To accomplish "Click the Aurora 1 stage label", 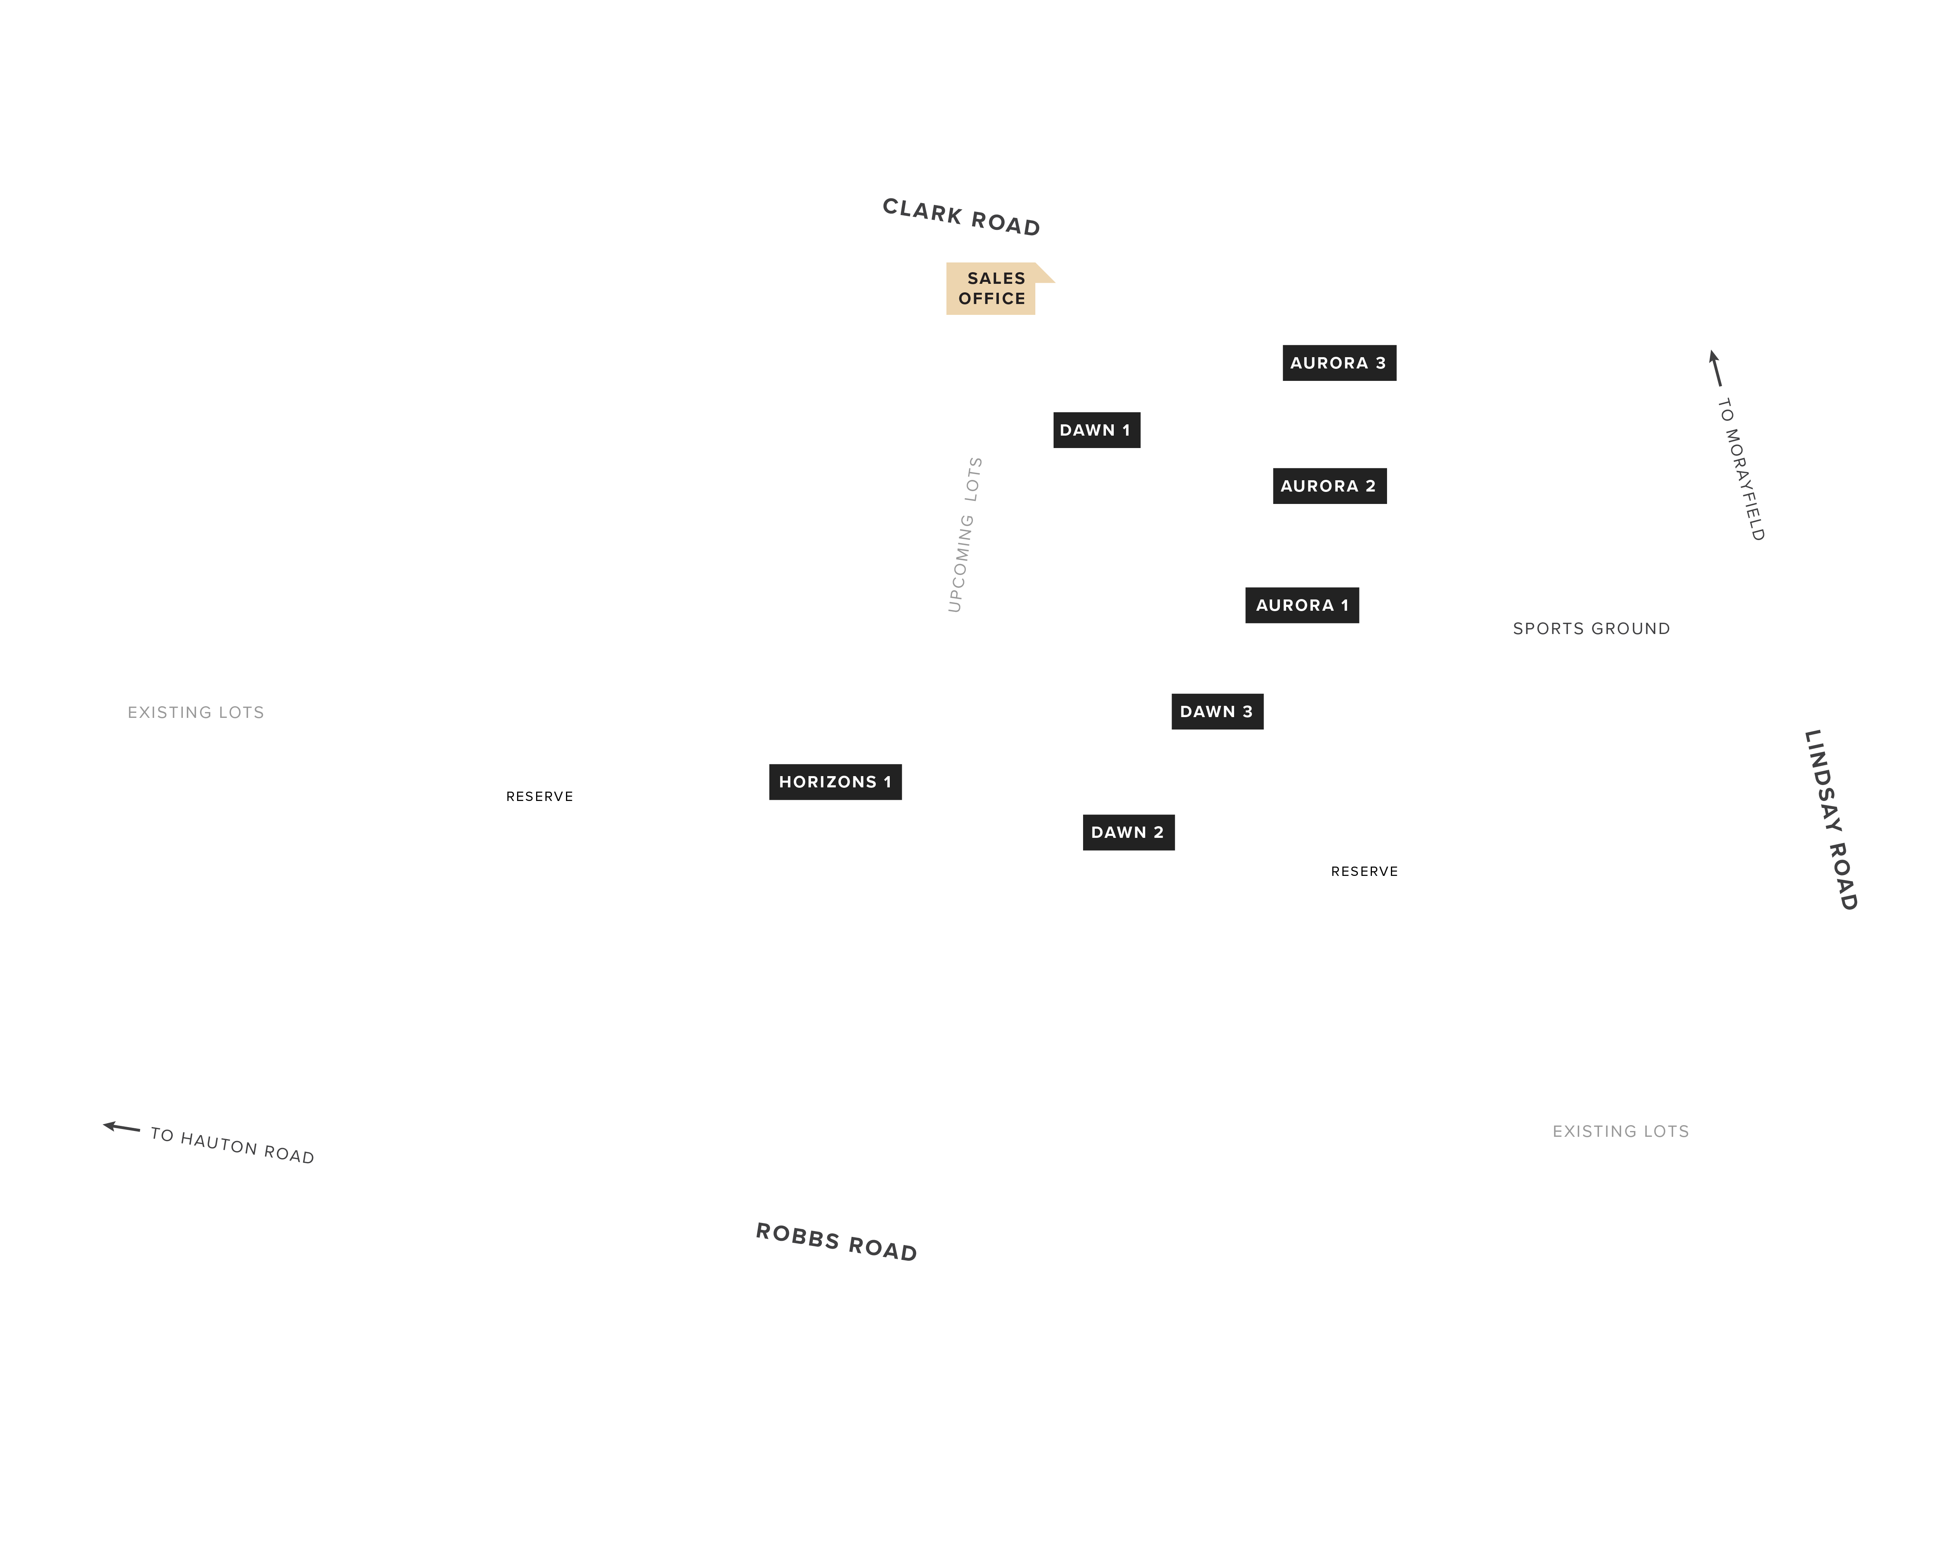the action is coord(1302,605).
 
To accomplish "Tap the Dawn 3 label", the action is coord(1217,711).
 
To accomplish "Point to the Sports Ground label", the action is coord(1591,629).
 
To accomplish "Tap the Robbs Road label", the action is coord(836,1242).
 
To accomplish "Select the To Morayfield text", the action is coord(1741,469).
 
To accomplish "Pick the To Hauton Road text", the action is coord(232,1145).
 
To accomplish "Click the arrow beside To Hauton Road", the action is coord(122,1127).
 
